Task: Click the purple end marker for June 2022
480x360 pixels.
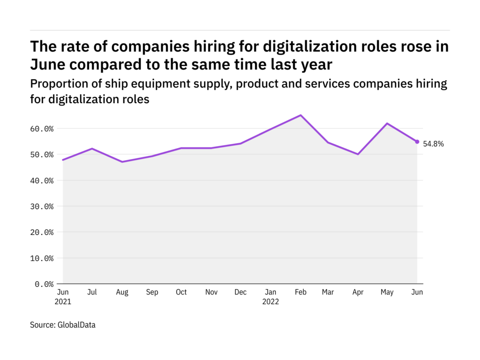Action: pos(417,142)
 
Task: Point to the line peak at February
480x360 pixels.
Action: pos(300,115)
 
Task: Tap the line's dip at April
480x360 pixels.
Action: pos(358,154)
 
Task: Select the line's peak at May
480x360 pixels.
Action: pos(388,123)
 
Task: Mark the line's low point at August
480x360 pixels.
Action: pos(122,162)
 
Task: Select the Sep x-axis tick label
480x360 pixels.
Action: pos(151,292)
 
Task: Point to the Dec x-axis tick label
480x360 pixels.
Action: pos(240,292)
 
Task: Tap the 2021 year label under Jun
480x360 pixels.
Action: pos(63,302)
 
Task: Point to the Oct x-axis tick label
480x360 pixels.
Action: pos(181,292)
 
